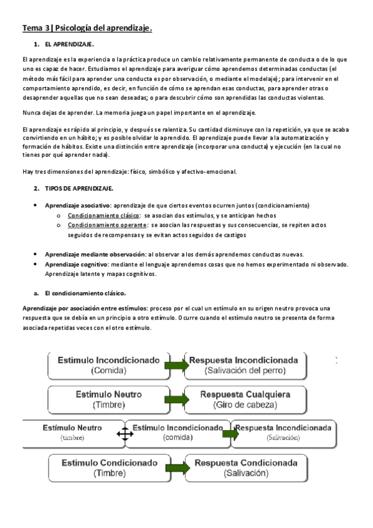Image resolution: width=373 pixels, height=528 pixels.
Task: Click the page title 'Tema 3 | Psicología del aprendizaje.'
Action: coord(88,28)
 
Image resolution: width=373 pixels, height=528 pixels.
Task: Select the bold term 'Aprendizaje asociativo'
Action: coord(78,205)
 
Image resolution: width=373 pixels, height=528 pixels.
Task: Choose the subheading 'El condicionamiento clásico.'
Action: coord(85,292)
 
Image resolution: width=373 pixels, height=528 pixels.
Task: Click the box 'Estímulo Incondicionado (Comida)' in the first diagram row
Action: coord(108,365)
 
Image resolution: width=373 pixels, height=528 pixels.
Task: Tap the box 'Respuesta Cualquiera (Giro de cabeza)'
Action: coord(244,400)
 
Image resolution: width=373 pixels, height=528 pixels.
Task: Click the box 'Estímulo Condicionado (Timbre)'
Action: coord(109,468)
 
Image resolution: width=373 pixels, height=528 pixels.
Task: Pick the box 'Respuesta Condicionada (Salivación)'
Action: coord(244,468)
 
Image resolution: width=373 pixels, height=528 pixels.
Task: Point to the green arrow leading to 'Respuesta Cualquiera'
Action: coord(176,399)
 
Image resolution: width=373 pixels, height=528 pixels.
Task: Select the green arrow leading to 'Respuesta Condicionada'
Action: coord(176,468)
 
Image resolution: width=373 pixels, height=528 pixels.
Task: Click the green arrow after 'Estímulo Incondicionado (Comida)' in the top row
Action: coord(176,365)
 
